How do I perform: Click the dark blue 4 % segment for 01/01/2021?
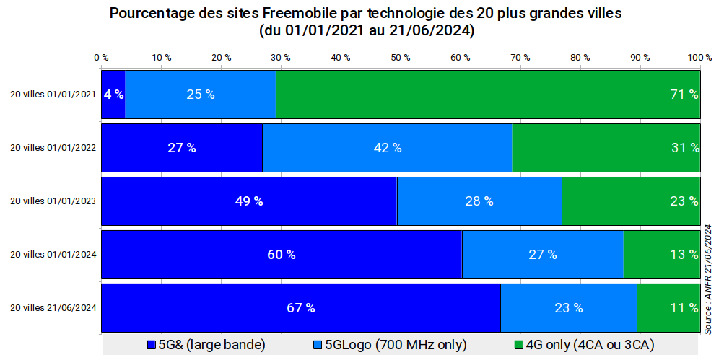pos(113,94)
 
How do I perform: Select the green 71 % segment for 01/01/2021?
pos(488,94)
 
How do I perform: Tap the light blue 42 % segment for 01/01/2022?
pos(387,147)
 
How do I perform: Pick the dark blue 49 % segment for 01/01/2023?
pos(249,201)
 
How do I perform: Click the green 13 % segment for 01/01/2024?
pos(662,254)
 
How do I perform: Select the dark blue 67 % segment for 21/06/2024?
pos(301,307)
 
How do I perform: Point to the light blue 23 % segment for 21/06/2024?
pos(569,307)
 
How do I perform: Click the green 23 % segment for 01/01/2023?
pos(631,201)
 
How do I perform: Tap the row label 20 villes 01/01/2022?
pos(53,147)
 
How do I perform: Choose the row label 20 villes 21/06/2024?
pos(53,307)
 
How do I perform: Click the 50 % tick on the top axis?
pos(401,57)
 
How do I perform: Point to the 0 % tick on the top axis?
pos(101,57)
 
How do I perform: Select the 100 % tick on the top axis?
pos(699,57)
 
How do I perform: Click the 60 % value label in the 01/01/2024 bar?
pos(282,254)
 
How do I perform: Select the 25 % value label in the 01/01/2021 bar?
pos(201,94)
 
